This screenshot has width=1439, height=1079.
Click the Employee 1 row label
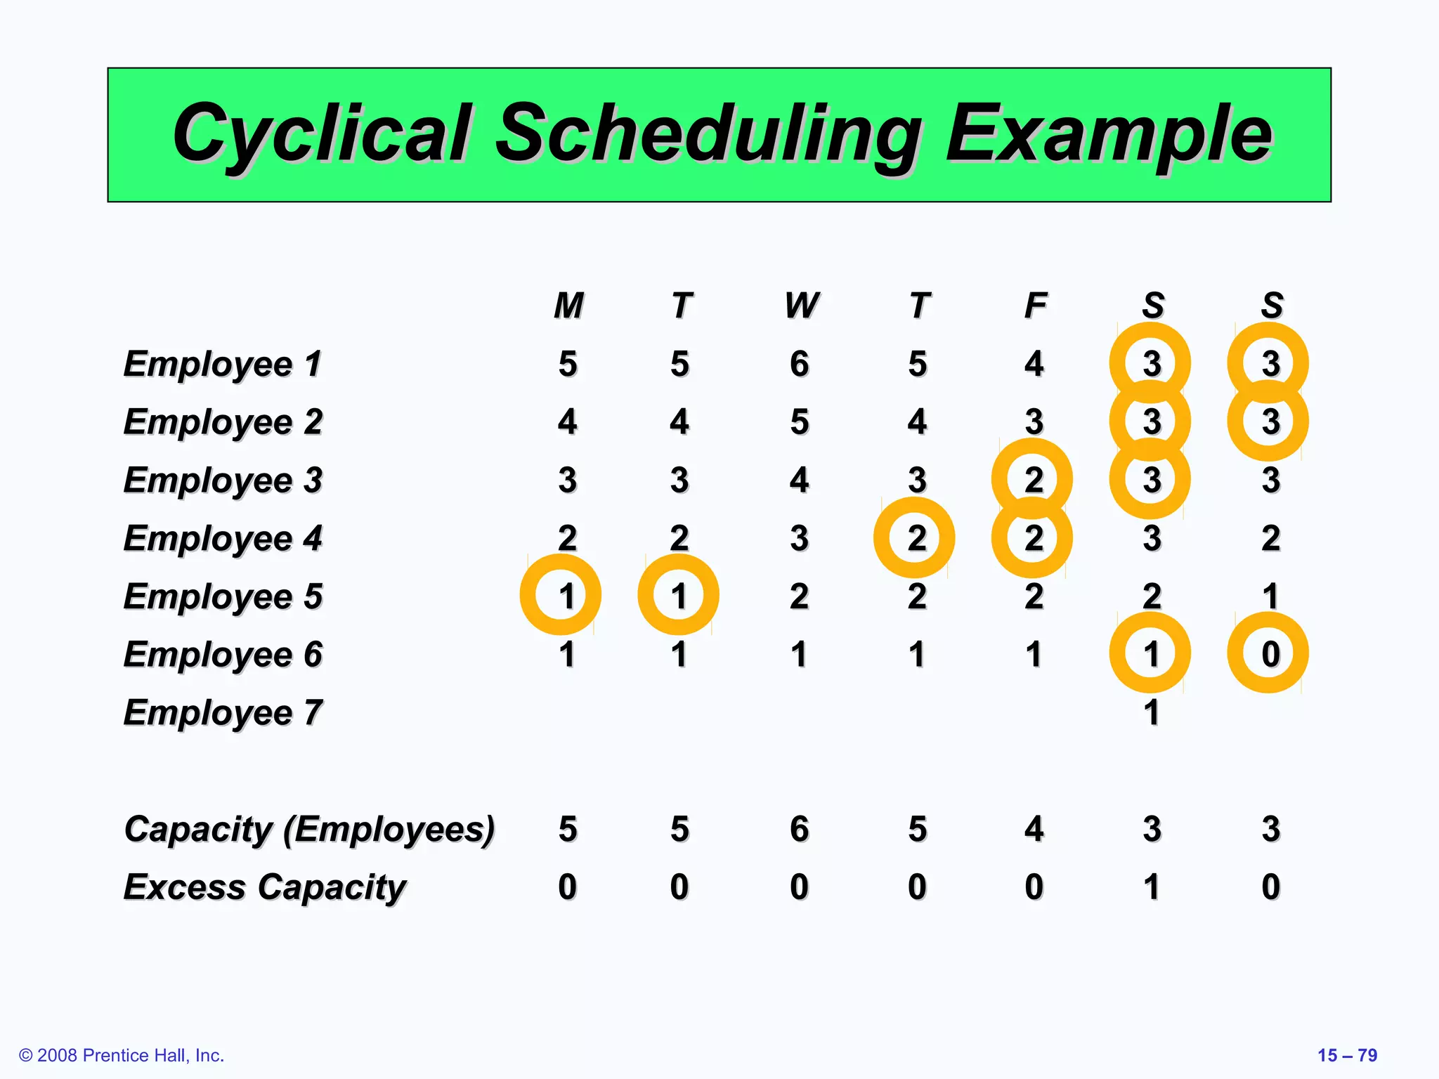[x=223, y=365]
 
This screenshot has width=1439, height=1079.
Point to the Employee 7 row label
[x=223, y=713]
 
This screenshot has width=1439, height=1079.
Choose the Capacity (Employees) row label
[x=309, y=830]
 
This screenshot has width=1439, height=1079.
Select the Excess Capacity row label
[x=265, y=887]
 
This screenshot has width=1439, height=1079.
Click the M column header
[x=568, y=306]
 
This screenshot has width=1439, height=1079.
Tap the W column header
[x=800, y=306]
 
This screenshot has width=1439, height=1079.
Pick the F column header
[x=1035, y=306]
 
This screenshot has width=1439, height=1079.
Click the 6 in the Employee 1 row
[x=799, y=365]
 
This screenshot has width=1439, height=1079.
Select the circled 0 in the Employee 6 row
[x=1270, y=654]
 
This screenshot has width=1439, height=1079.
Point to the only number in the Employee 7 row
[x=1151, y=713]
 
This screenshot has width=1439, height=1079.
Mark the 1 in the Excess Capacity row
[x=1151, y=887]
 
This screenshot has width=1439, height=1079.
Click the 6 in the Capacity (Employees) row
[x=799, y=830]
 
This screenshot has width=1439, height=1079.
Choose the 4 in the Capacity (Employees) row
[x=1034, y=830]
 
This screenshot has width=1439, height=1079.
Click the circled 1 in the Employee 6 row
[x=1150, y=654]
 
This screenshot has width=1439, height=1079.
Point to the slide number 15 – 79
[x=1347, y=1055]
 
